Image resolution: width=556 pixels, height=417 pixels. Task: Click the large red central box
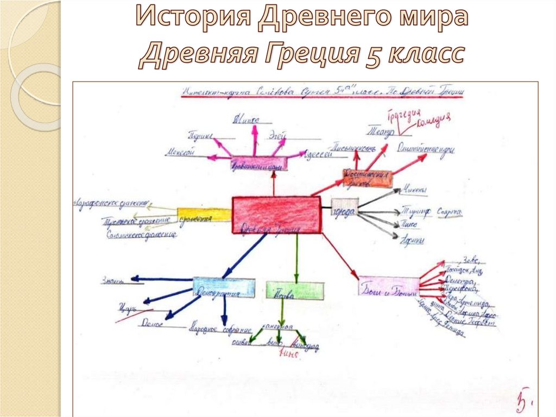(x=276, y=215)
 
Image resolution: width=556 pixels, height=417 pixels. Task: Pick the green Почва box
(x=295, y=290)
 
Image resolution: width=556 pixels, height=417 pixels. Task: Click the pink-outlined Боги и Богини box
(x=389, y=286)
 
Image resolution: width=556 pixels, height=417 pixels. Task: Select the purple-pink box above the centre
(x=258, y=164)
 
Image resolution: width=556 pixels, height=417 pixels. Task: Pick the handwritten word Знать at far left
(x=113, y=280)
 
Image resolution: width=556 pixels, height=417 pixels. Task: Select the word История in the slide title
(x=193, y=18)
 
